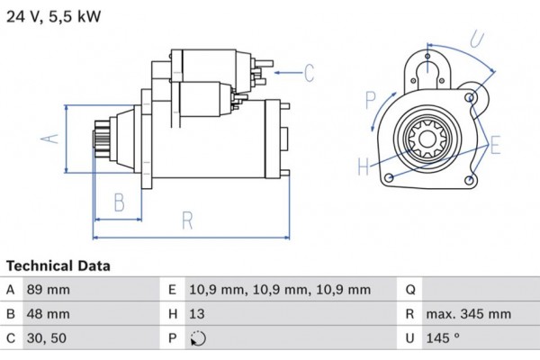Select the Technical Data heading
coord(58,266)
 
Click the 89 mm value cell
coord(50,290)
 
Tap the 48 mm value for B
coord(50,314)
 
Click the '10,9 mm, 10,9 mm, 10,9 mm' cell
coord(279,290)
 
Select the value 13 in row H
coord(197,314)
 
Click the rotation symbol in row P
coord(199,339)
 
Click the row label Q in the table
coord(409,290)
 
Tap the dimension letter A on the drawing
coord(51,138)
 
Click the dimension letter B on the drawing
coord(119,202)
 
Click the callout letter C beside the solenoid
coord(309,71)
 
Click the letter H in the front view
coord(362,166)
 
